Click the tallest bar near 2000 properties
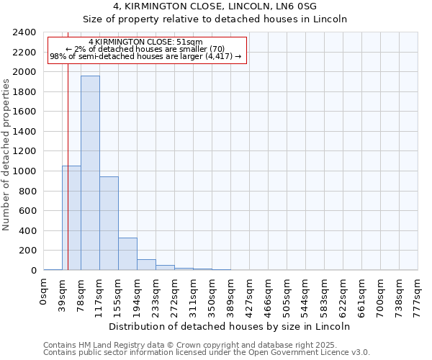tap(90, 173)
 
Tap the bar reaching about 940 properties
tap(109, 223)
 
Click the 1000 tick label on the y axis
tap(25, 171)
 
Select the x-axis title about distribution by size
tap(230, 326)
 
